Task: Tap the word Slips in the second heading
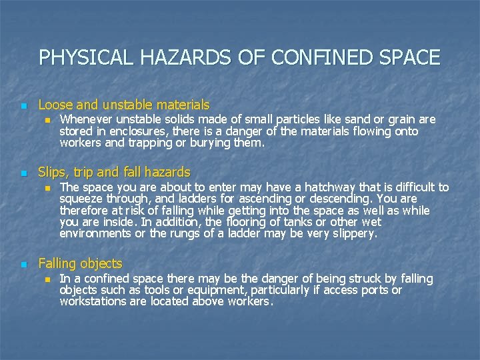pyautogui.click(x=53, y=172)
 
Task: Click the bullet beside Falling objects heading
pyautogui.click(x=24, y=265)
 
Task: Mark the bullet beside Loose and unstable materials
pyautogui.click(x=24, y=106)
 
